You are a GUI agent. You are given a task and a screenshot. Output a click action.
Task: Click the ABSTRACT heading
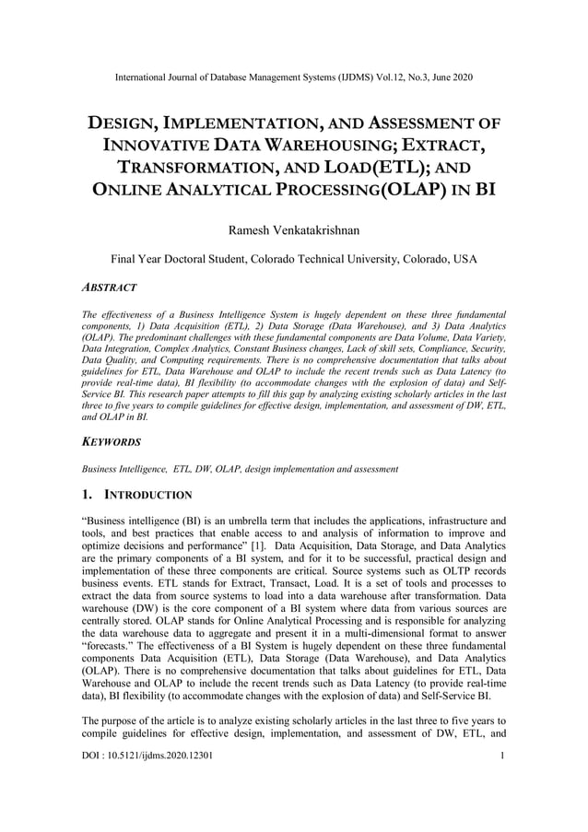point(110,288)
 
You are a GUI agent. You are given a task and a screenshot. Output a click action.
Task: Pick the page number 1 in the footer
point(502,756)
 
